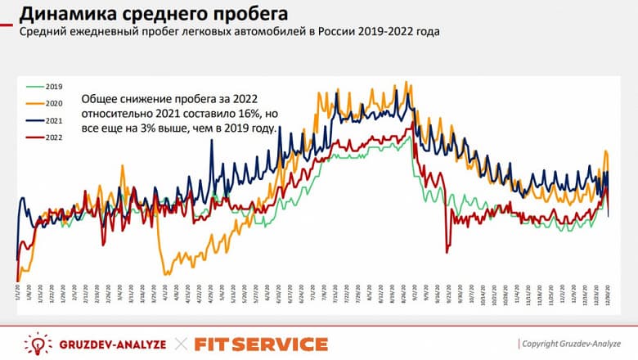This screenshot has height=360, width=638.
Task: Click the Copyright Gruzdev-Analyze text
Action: tap(573, 344)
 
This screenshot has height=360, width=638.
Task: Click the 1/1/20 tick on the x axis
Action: tap(18, 292)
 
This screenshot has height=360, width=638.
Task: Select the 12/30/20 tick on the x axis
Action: tap(609, 292)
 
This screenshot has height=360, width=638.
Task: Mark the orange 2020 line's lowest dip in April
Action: tap(165, 274)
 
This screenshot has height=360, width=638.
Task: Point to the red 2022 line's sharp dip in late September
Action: tap(447, 250)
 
